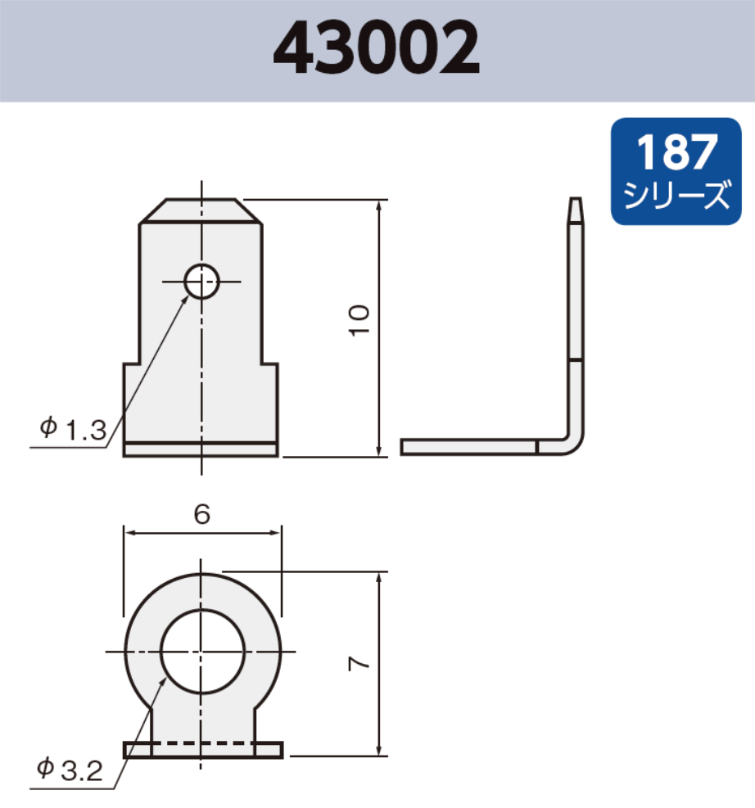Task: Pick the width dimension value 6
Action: (x=202, y=514)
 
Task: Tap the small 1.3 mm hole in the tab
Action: (x=201, y=282)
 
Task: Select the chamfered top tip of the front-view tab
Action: (x=201, y=210)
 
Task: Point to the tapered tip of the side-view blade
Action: (x=576, y=210)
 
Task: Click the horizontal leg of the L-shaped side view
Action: (x=467, y=447)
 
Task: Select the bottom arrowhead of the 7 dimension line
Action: (x=379, y=749)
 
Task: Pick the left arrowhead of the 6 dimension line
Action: (x=129, y=532)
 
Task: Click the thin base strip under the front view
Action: (x=201, y=449)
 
